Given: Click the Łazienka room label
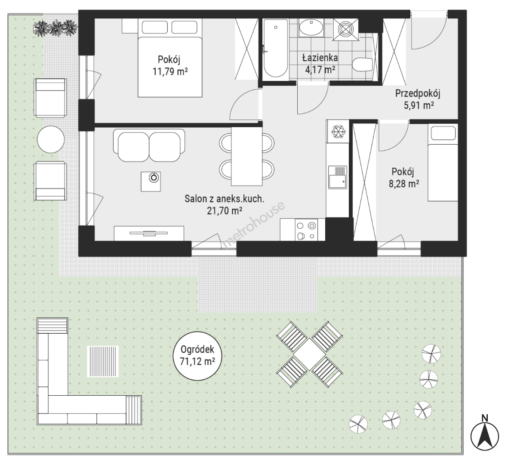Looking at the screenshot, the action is coord(320,58).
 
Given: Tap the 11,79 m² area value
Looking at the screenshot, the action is coord(170,71).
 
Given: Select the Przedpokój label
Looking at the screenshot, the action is coord(418,94).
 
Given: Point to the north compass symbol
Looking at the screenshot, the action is coord(485,434).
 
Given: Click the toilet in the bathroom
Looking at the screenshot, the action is coord(363,65).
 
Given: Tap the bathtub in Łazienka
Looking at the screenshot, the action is coord(275,49).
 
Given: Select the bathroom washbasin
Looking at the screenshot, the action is coord(311,28).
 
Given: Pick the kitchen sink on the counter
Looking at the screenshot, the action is coord(337,177).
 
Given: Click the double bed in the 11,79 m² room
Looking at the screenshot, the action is coord(170,58).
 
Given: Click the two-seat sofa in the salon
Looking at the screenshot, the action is coord(149,146).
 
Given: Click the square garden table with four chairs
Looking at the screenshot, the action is coord(309,354).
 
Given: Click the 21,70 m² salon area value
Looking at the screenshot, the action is coord(225,211).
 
